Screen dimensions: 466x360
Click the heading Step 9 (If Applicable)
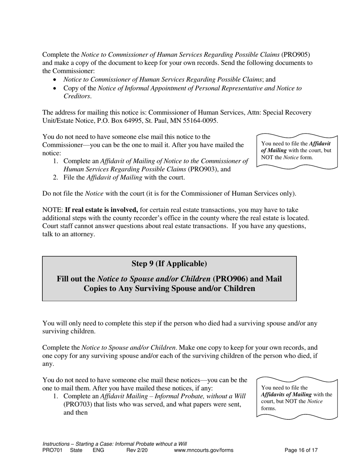(x=169, y=263)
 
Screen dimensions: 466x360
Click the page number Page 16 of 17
(x=301, y=450)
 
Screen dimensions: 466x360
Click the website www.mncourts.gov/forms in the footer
(x=203, y=450)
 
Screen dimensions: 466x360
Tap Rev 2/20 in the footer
(x=136, y=450)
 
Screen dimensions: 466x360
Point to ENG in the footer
(x=98, y=450)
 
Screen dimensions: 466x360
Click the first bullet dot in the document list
(x=56, y=80)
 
